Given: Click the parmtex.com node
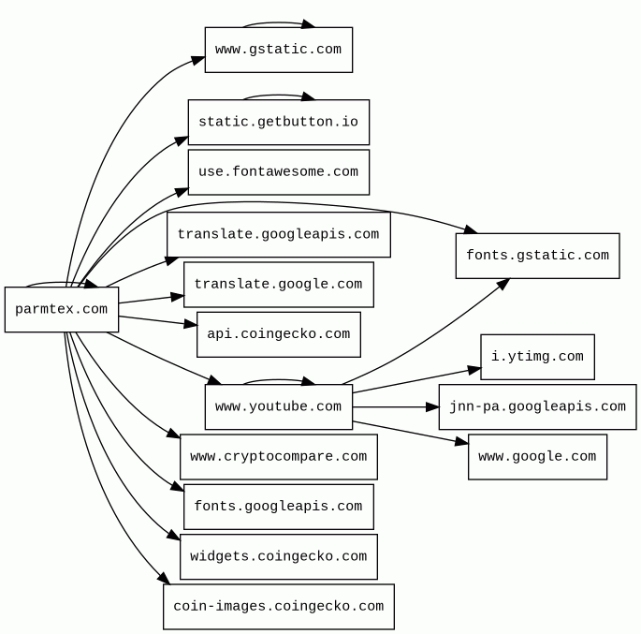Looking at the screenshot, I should click(x=62, y=310).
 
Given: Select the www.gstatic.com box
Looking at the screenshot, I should click(x=278, y=50).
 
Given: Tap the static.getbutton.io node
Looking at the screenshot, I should click(x=278, y=123).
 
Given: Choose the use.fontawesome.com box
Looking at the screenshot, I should click(x=278, y=172).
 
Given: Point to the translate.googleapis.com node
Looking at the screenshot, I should click(x=278, y=235).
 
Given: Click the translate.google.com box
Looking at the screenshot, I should click(x=278, y=285).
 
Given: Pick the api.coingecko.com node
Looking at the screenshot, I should click(x=278, y=334).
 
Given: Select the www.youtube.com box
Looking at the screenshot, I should click(x=278, y=407).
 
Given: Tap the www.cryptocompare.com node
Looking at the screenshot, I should click(x=278, y=457).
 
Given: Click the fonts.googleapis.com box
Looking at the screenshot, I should click(x=278, y=507).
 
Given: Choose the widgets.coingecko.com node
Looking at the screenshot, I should click(x=278, y=556).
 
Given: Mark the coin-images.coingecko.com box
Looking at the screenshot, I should click(x=278, y=607).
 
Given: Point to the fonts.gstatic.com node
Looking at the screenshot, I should click(x=537, y=256).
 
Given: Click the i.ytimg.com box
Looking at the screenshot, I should click(x=537, y=357).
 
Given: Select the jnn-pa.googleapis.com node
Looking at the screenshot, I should click(x=537, y=407).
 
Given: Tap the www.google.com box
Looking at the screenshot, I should click(x=537, y=457).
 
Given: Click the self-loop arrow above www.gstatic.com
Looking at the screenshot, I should click(x=278, y=22).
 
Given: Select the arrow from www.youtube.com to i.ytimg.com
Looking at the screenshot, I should click(x=416, y=380).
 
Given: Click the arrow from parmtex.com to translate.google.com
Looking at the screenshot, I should click(x=150, y=299).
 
